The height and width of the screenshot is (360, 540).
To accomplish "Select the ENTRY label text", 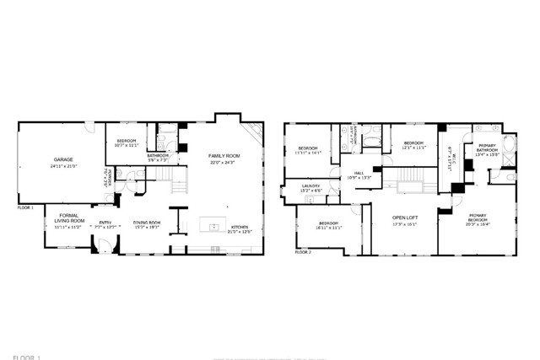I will point(104,223).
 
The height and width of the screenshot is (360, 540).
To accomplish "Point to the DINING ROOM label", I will point(146,223).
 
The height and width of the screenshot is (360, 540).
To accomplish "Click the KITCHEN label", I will point(240,227).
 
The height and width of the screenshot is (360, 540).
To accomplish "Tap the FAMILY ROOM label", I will point(224,157).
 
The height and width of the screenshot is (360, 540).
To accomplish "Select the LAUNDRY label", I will point(311,186).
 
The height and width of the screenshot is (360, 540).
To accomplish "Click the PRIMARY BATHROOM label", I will point(488,148).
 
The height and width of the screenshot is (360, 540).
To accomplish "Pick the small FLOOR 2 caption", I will point(303,251).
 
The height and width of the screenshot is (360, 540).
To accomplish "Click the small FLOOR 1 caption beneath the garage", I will point(25,207).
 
